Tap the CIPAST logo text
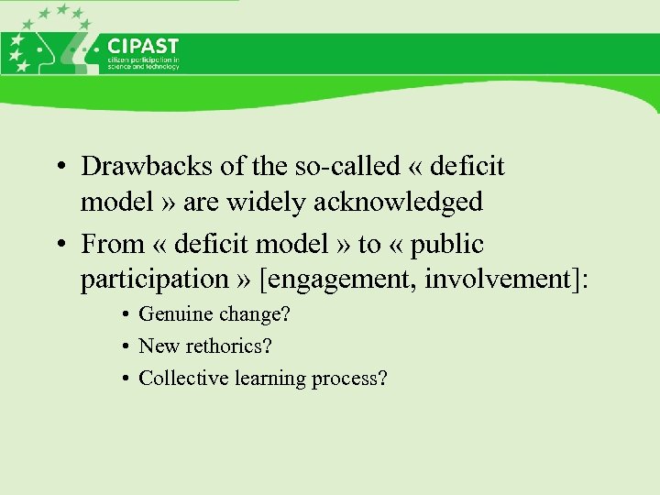pos(143,46)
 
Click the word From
pos(112,245)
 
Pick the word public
pos(448,245)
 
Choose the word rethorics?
pos(228,346)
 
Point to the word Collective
pos(181,378)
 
